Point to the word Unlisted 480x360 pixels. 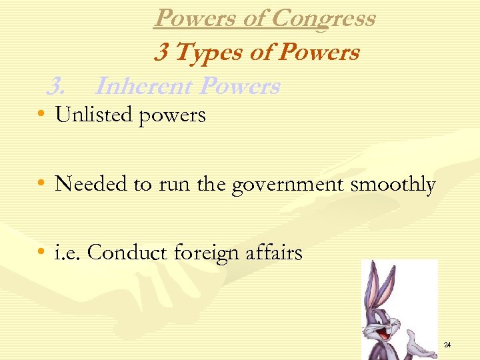pos(93,115)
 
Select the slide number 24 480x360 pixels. pos(447,345)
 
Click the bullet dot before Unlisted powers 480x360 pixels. pos(42,116)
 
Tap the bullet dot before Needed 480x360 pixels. pos(42,185)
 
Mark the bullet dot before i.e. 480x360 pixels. pos(42,253)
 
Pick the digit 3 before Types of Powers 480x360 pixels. pos(161,52)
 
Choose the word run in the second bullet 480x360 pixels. pos(172,185)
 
